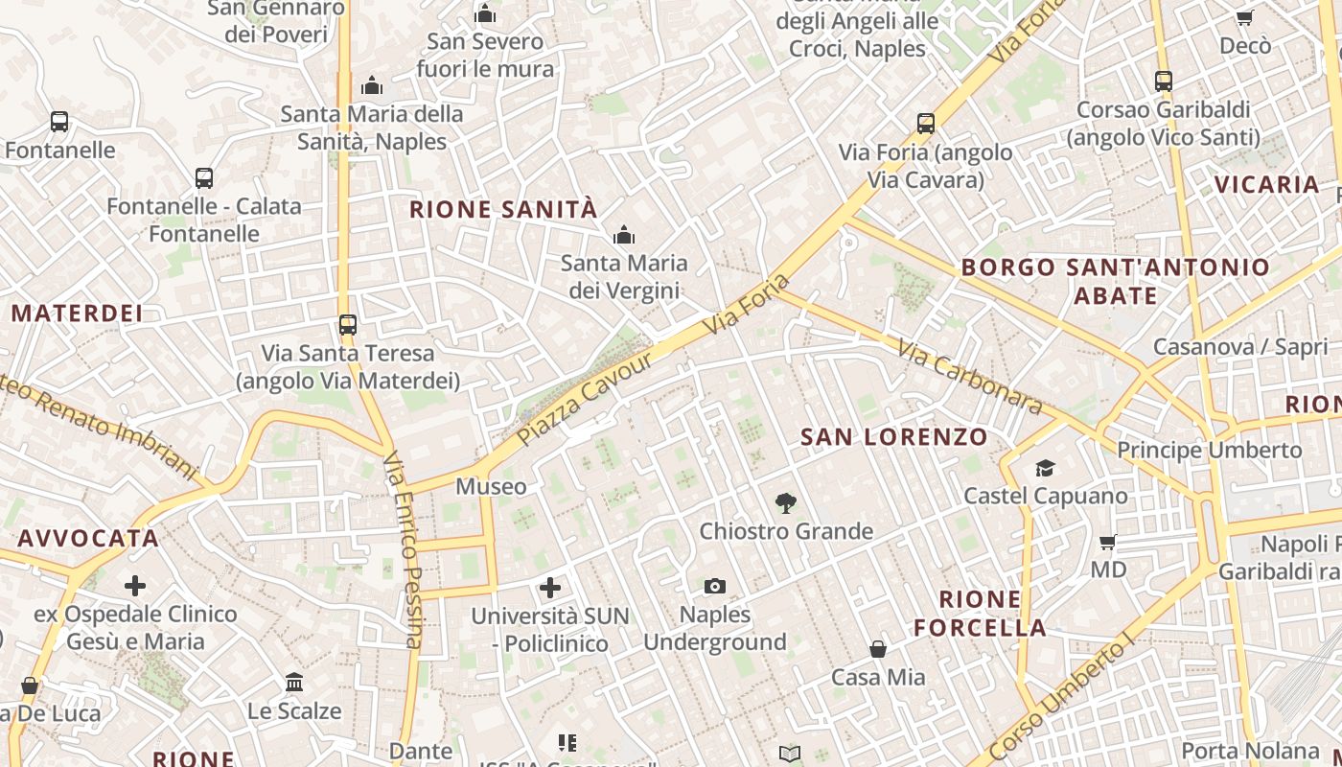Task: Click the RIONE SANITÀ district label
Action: tap(503, 210)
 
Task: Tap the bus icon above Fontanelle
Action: tap(59, 122)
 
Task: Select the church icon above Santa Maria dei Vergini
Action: tap(624, 235)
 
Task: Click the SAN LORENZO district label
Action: tap(894, 437)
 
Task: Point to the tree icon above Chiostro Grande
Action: tap(786, 502)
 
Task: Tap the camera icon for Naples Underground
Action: tap(714, 586)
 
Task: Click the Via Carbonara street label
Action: tap(970, 376)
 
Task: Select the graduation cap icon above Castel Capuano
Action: tap(1045, 468)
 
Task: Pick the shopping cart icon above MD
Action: tap(1108, 542)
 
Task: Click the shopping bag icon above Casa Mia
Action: tap(878, 649)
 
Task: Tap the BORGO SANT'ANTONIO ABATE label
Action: tap(1115, 281)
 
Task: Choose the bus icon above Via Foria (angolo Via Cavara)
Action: tap(925, 123)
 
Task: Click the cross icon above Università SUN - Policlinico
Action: tap(550, 587)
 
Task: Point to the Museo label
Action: tap(491, 486)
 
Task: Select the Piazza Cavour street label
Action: tap(584, 398)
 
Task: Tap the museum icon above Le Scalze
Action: tap(294, 683)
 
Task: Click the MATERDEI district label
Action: tap(77, 314)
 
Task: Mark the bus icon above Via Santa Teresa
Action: tap(348, 324)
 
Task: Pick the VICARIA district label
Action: tap(1266, 184)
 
